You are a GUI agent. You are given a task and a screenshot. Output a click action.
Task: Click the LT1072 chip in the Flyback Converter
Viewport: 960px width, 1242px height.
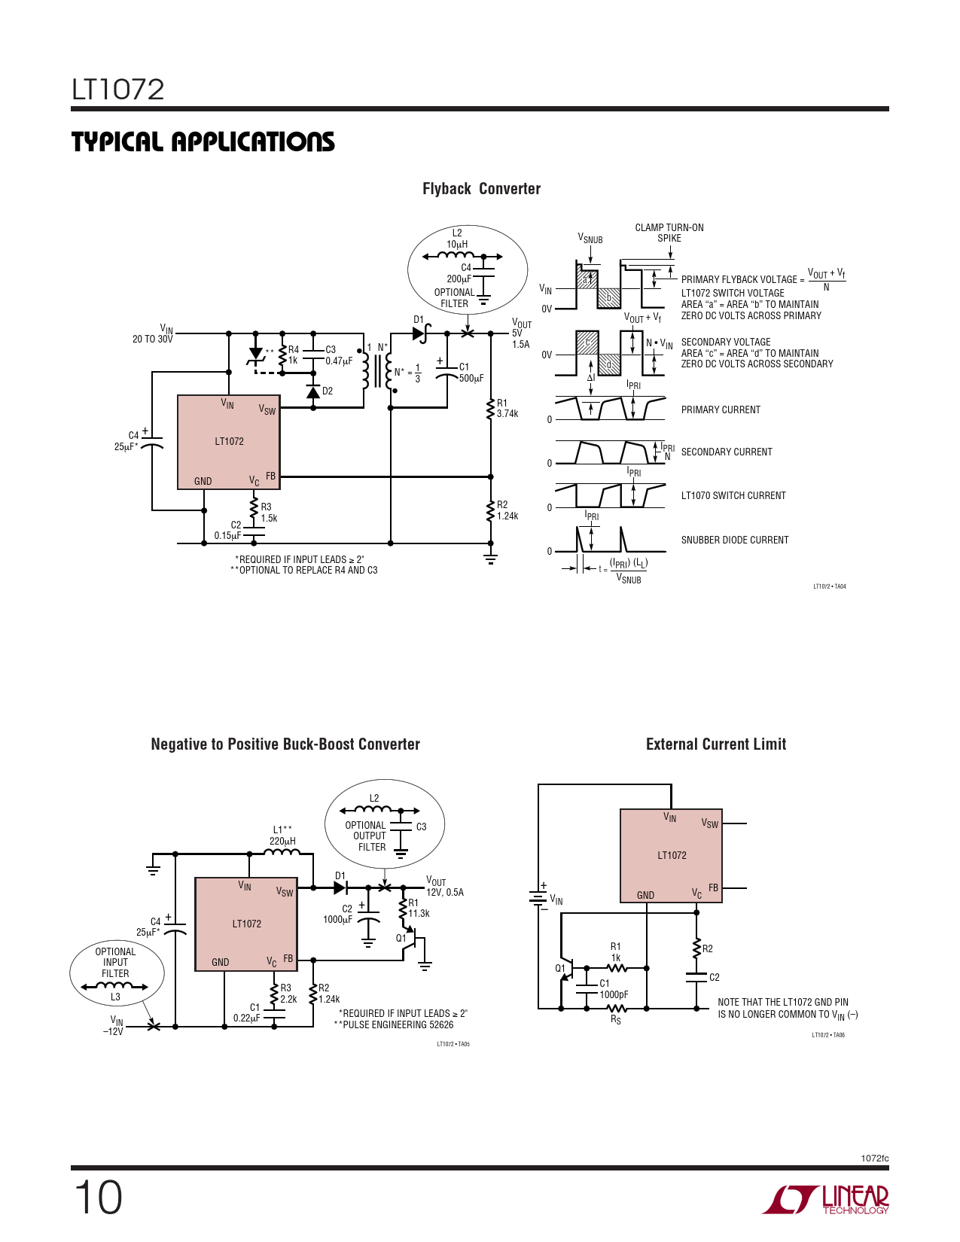point(229,442)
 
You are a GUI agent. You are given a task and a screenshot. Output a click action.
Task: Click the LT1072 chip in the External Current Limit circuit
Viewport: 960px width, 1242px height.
point(671,856)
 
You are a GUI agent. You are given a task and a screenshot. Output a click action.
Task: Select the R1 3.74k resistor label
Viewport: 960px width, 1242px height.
point(507,409)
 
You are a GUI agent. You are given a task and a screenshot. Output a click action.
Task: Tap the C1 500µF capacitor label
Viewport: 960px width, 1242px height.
point(471,373)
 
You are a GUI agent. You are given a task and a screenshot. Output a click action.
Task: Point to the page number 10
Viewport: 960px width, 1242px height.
point(98,1197)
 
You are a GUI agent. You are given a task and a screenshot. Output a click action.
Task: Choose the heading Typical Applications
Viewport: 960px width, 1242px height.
point(203,142)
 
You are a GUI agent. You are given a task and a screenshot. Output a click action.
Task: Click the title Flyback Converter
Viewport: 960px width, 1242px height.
point(481,189)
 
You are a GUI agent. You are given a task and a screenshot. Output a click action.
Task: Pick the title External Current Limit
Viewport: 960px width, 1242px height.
point(716,744)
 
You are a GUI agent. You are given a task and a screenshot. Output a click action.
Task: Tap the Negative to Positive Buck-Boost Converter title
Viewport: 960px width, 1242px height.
point(285,744)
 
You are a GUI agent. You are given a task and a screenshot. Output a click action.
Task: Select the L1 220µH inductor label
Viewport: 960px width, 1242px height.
point(282,836)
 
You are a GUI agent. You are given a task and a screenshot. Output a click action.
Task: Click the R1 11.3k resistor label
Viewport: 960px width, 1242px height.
point(419,909)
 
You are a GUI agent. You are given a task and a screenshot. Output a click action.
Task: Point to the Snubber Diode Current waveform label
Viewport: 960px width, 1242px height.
point(735,540)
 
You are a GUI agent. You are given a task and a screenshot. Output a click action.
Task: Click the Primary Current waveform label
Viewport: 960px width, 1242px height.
point(721,410)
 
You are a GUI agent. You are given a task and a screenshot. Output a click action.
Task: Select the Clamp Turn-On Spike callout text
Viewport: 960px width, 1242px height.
point(669,233)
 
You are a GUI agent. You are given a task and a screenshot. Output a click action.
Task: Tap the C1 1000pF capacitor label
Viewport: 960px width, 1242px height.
point(614,989)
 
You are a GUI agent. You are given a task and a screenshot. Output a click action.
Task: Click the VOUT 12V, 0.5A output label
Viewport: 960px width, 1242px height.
point(444,887)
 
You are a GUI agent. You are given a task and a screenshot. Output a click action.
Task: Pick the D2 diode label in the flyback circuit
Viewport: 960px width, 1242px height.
point(328,391)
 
